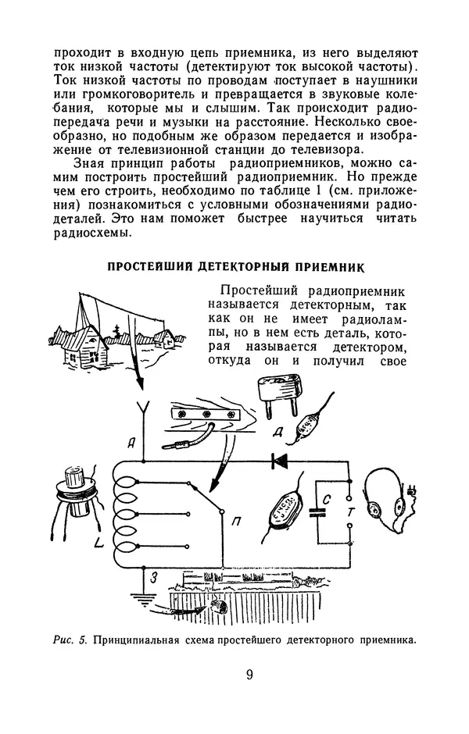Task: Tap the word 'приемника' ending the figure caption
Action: (x=382, y=641)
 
